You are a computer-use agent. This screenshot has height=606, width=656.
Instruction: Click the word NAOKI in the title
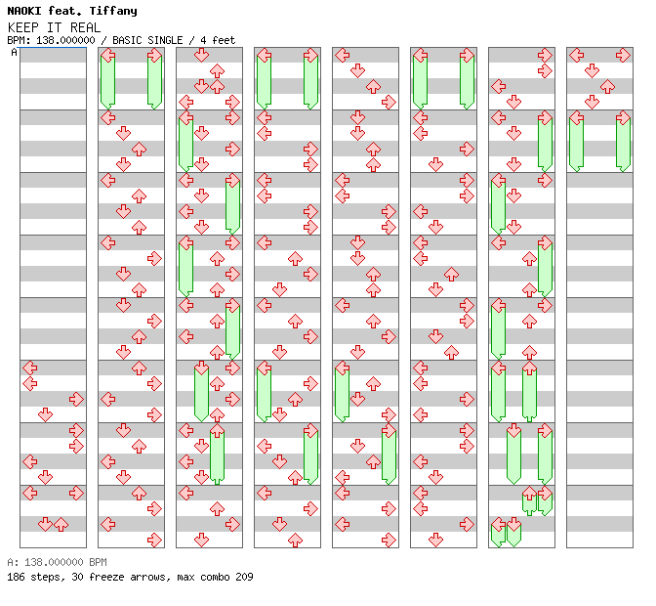click(x=24, y=11)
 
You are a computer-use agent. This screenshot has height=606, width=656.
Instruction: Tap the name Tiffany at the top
click(x=113, y=12)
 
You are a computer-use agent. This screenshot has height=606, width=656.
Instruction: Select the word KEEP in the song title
click(x=23, y=27)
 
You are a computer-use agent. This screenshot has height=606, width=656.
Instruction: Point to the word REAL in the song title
click(x=85, y=27)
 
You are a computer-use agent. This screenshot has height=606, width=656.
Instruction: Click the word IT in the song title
click(x=55, y=27)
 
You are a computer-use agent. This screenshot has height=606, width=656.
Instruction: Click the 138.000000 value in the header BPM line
click(x=65, y=40)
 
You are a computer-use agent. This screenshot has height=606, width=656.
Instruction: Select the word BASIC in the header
click(x=127, y=40)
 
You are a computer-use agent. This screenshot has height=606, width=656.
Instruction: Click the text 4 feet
click(x=218, y=40)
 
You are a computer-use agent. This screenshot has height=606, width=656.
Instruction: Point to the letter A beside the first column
click(x=14, y=53)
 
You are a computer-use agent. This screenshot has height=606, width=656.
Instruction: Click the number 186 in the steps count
click(x=16, y=577)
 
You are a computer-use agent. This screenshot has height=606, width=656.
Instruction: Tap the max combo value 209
click(x=244, y=577)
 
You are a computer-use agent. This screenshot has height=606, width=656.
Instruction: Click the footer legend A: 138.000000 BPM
click(x=57, y=562)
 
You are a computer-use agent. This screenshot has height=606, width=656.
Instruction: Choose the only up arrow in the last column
click(x=607, y=87)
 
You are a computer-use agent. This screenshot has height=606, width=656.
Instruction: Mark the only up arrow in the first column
click(x=61, y=524)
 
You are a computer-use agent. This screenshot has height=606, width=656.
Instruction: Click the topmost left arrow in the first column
click(x=29, y=368)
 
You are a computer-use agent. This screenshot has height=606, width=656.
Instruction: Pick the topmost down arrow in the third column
click(x=202, y=55)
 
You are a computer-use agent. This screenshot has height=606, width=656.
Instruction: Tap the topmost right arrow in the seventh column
click(x=545, y=55)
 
